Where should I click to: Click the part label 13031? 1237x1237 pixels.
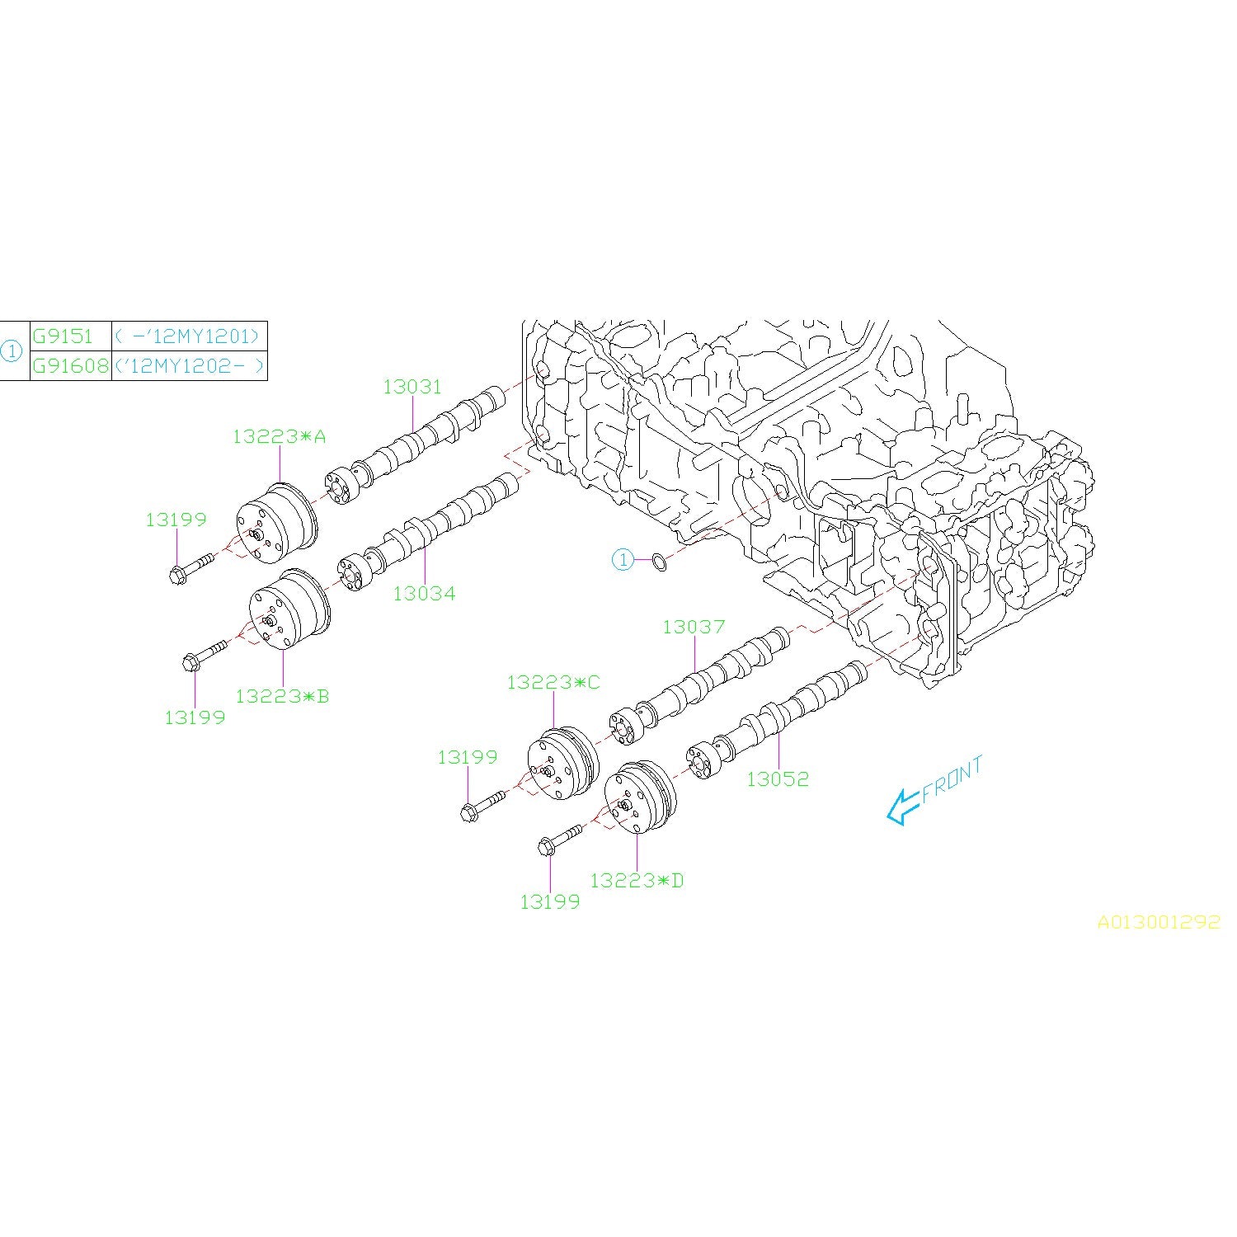click(x=412, y=387)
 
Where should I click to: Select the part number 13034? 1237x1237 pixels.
click(x=424, y=593)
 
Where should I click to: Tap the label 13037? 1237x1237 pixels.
click(x=694, y=627)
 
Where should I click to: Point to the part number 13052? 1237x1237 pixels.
click(x=778, y=778)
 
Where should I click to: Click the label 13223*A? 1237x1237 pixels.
click(x=279, y=436)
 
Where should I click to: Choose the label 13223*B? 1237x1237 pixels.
click(x=282, y=696)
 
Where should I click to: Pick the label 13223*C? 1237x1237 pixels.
click(x=553, y=682)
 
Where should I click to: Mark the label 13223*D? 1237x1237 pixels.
click(x=637, y=881)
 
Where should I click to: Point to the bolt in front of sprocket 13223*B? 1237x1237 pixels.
click(x=205, y=654)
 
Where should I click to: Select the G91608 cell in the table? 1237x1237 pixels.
click(x=70, y=365)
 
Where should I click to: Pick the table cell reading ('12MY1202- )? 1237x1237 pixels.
click(x=190, y=365)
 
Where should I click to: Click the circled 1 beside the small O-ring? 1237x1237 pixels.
click(x=623, y=561)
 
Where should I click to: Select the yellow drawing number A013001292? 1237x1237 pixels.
click(x=1158, y=922)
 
